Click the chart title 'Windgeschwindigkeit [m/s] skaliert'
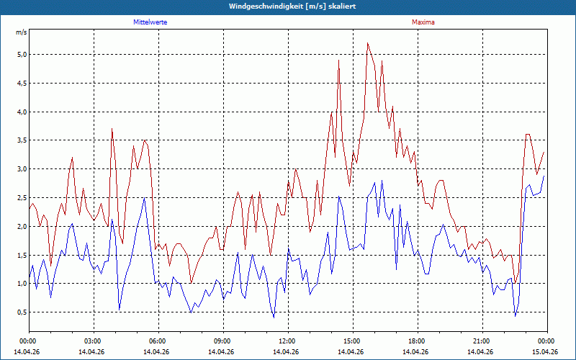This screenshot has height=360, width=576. [x=292, y=6]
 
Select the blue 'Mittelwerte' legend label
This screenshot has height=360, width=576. [x=150, y=22]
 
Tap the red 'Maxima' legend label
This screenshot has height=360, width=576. [x=423, y=22]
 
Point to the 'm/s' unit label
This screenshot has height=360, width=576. [x=22, y=32]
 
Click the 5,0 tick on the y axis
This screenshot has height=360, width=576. [x=22, y=55]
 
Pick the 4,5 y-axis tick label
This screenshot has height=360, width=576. [x=22, y=83]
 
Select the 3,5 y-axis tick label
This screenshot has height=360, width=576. [x=22, y=140]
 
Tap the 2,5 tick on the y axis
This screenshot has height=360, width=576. [x=22, y=197]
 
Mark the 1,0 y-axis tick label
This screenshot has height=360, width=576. [x=22, y=284]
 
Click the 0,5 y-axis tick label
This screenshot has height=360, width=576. [x=22, y=312]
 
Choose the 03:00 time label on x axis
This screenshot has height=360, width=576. [x=94, y=341]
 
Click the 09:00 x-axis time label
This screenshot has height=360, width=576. [x=223, y=341]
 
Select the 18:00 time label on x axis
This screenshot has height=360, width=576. [x=418, y=341]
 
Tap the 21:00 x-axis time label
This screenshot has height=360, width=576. [x=482, y=341]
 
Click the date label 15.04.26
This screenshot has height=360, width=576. [x=547, y=351]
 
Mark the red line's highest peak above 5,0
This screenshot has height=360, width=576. [x=367, y=43]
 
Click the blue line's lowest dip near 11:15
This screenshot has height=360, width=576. [x=274, y=318]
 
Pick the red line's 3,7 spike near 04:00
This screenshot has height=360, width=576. [x=112, y=129]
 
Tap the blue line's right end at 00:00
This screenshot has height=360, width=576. [x=544, y=176]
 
